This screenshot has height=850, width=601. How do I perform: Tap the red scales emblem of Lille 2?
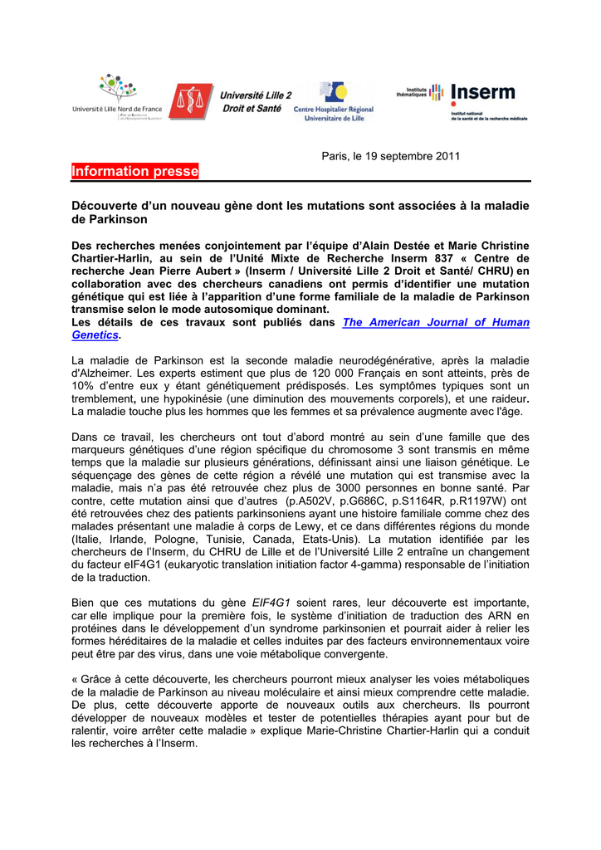(191, 100)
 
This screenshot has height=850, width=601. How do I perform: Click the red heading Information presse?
(135, 172)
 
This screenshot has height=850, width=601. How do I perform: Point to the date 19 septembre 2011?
(405, 156)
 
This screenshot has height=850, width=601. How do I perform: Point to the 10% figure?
(85, 386)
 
